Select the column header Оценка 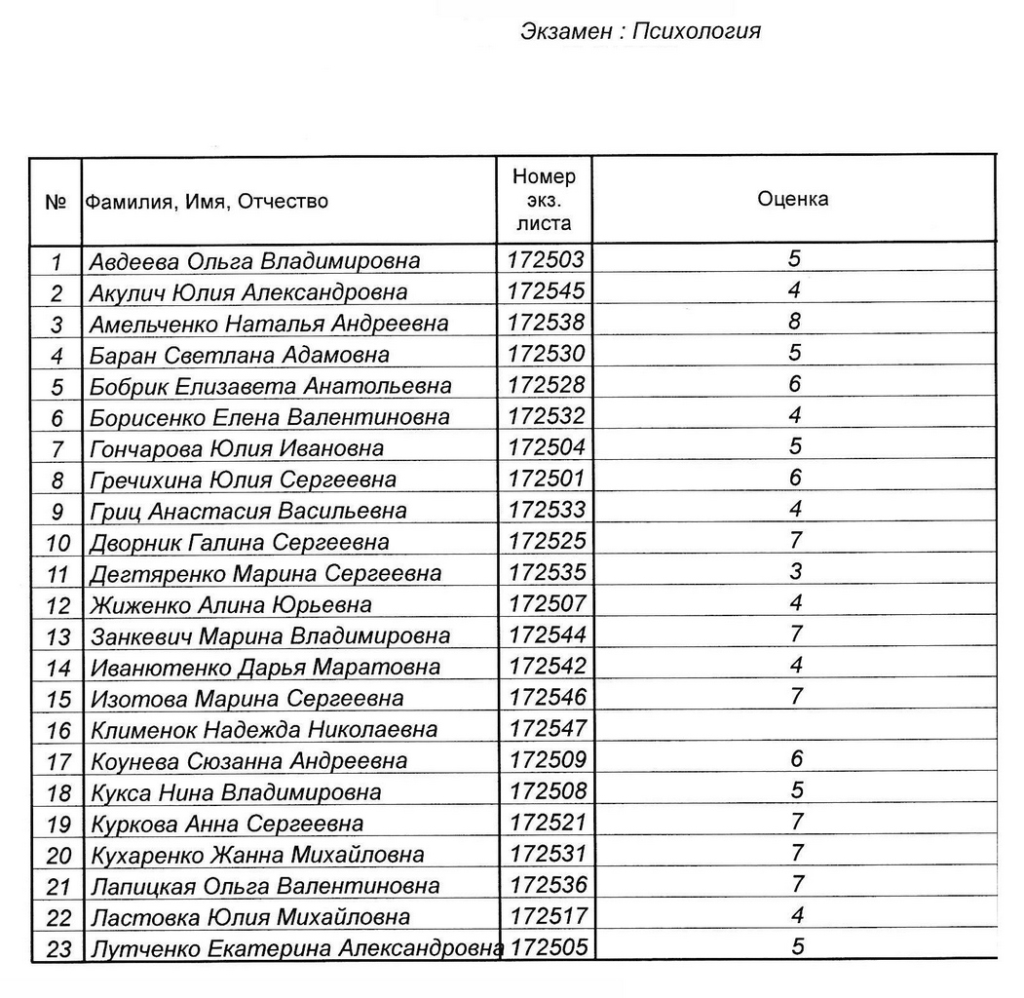(793, 199)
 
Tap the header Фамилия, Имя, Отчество (208, 202)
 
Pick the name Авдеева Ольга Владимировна (254, 261)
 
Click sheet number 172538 (547, 322)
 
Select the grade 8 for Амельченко (796, 321)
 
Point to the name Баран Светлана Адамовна (239, 355)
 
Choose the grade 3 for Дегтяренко (796, 570)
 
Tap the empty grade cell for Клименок (795, 728)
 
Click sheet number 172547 (548, 728)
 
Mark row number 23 (58, 949)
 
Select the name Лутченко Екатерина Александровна (295, 948)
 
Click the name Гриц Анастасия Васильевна (247, 511)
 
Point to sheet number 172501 (547, 478)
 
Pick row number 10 (58, 543)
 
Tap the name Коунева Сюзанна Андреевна (248, 760)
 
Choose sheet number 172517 (548, 916)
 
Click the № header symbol (56, 202)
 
